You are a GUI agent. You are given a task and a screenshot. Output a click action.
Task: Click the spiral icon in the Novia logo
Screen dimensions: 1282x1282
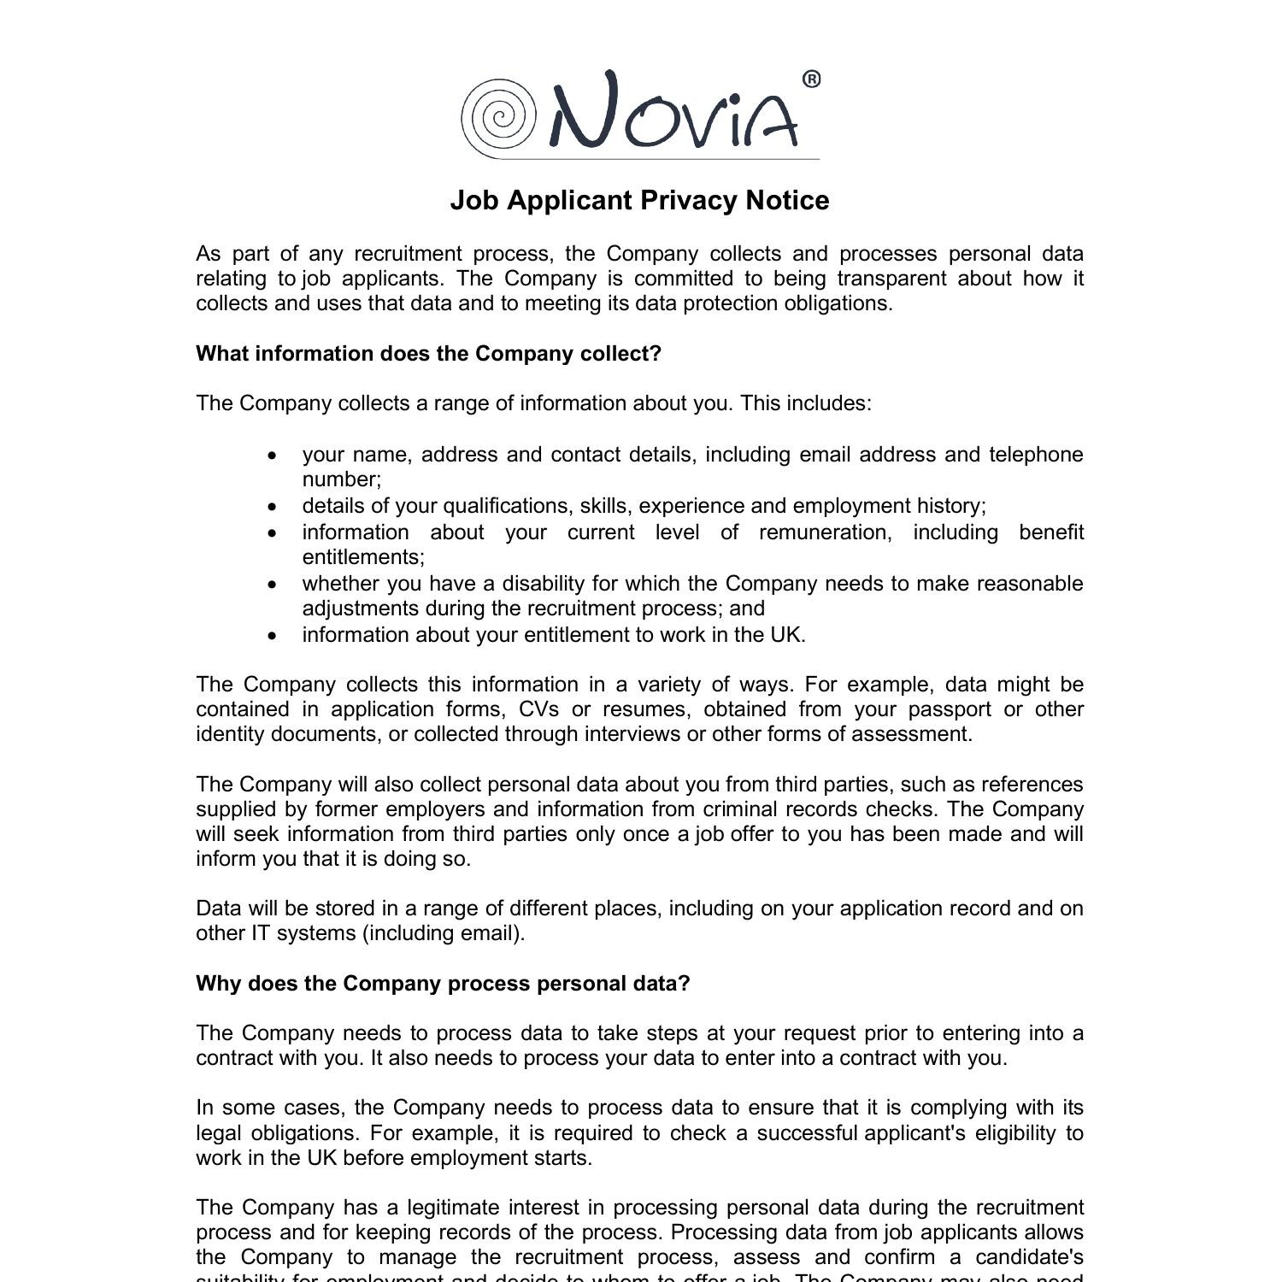tap(498, 118)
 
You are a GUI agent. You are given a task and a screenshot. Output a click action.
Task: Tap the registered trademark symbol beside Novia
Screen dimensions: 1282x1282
tap(811, 79)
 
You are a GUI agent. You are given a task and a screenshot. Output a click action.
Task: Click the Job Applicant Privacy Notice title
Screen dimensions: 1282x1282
tap(639, 200)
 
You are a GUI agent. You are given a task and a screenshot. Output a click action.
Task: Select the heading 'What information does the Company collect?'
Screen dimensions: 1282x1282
tap(428, 354)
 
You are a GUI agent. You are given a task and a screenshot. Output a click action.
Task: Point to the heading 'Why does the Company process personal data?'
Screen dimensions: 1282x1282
tap(443, 984)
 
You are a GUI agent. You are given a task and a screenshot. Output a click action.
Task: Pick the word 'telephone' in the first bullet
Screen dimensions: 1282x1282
tap(1036, 455)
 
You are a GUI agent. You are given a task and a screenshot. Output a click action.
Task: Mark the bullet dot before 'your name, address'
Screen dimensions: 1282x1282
tap(273, 456)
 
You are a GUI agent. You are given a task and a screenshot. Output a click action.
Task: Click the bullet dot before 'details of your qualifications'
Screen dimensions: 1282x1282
tap(273, 507)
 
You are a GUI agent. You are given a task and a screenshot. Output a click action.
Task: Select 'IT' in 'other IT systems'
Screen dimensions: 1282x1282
tap(260, 933)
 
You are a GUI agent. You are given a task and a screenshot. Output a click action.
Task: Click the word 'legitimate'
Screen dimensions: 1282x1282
tap(453, 1208)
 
